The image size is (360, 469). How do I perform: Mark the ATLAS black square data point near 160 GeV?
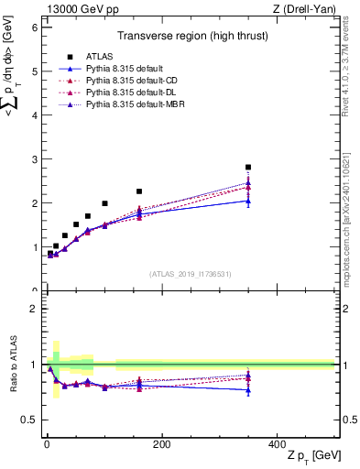[x=139, y=191]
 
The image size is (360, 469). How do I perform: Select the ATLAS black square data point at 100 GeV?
[x=104, y=203]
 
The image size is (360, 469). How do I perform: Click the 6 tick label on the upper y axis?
[x=34, y=27]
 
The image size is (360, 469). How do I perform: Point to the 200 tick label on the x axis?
[x=161, y=443]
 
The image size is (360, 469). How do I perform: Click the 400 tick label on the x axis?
[x=276, y=443]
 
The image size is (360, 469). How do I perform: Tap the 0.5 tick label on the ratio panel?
[x=29, y=420]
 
